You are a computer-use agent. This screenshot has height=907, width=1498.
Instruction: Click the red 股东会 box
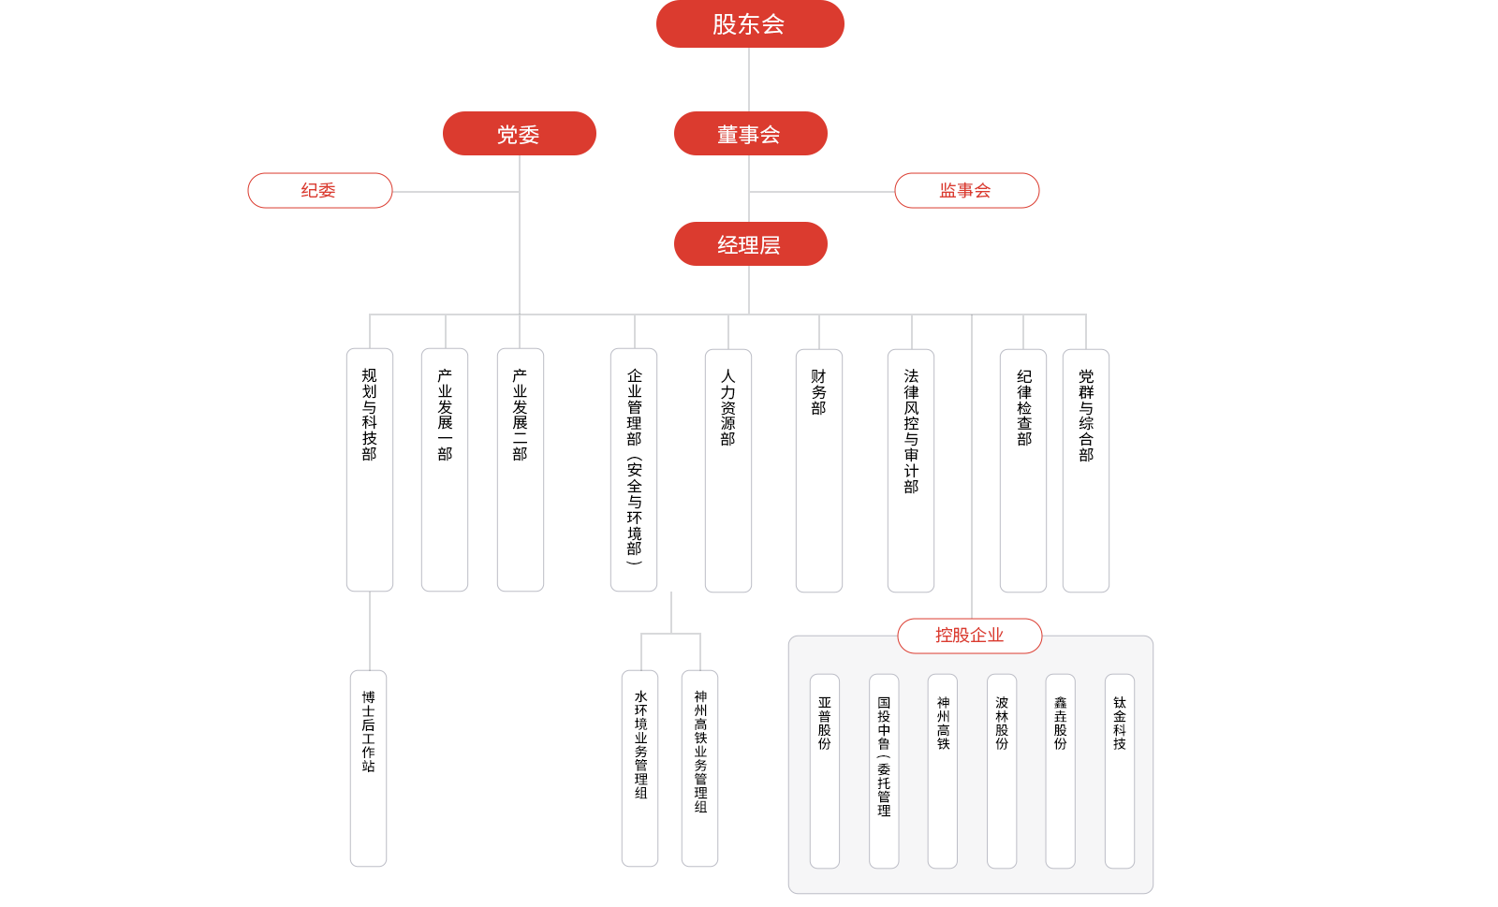[750, 24]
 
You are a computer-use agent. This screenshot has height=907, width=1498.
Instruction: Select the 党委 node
[519, 134]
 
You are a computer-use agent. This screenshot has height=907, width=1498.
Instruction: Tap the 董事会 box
[750, 134]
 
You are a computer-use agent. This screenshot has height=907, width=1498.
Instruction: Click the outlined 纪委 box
[319, 191]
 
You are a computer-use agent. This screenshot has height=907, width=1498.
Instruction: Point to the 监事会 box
[966, 191]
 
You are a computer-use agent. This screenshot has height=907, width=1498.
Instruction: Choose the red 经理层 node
[750, 244]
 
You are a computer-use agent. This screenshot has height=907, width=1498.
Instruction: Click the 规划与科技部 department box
[370, 470]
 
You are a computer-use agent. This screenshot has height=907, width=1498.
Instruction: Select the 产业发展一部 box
[445, 470]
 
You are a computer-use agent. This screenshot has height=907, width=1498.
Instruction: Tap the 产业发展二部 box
[521, 470]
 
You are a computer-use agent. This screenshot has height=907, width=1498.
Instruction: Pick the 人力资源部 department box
[728, 471]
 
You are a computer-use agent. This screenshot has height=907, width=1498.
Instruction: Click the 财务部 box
[819, 471]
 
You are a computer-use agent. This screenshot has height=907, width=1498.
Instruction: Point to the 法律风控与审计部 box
[911, 471]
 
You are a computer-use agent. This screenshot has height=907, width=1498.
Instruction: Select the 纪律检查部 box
[1023, 471]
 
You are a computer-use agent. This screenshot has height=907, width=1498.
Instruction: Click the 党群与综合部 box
[1086, 471]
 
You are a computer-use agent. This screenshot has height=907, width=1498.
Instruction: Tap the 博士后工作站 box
[369, 768]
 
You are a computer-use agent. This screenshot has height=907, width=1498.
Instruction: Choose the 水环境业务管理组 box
[640, 768]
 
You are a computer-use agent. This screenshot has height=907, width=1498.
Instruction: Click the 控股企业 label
[970, 636]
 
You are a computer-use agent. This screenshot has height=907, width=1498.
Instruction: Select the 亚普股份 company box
[825, 771]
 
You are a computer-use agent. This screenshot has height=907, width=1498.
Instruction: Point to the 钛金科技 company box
[1120, 771]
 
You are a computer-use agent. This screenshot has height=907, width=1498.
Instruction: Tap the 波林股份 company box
[1002, 771]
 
